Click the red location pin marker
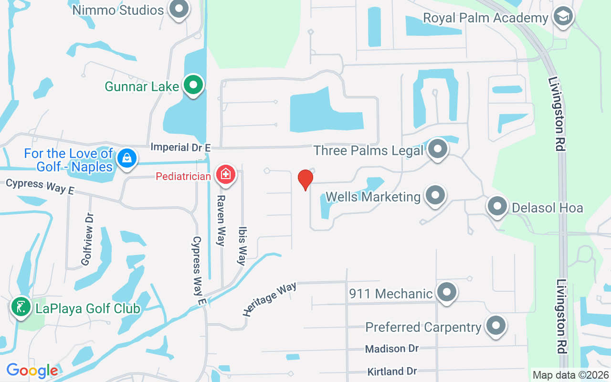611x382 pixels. coord(305,180)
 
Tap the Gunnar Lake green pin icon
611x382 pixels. coord(193,85)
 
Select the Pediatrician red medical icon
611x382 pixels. coord(226,174)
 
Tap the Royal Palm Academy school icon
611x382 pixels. coord(563,17)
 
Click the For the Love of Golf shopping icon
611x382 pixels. coord(127,158)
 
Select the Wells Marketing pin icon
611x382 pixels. coord(435,195)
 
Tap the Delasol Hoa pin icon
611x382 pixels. coord(497,207)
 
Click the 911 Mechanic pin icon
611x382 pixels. coord(447,292)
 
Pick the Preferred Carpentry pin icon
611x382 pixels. coord(495,326)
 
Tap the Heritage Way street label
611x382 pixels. coord(269,299)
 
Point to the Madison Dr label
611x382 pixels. coord(391,349)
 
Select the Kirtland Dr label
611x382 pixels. coord(392,371)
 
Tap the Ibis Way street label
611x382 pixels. coord(242,245)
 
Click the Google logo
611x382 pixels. coord(32,370)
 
